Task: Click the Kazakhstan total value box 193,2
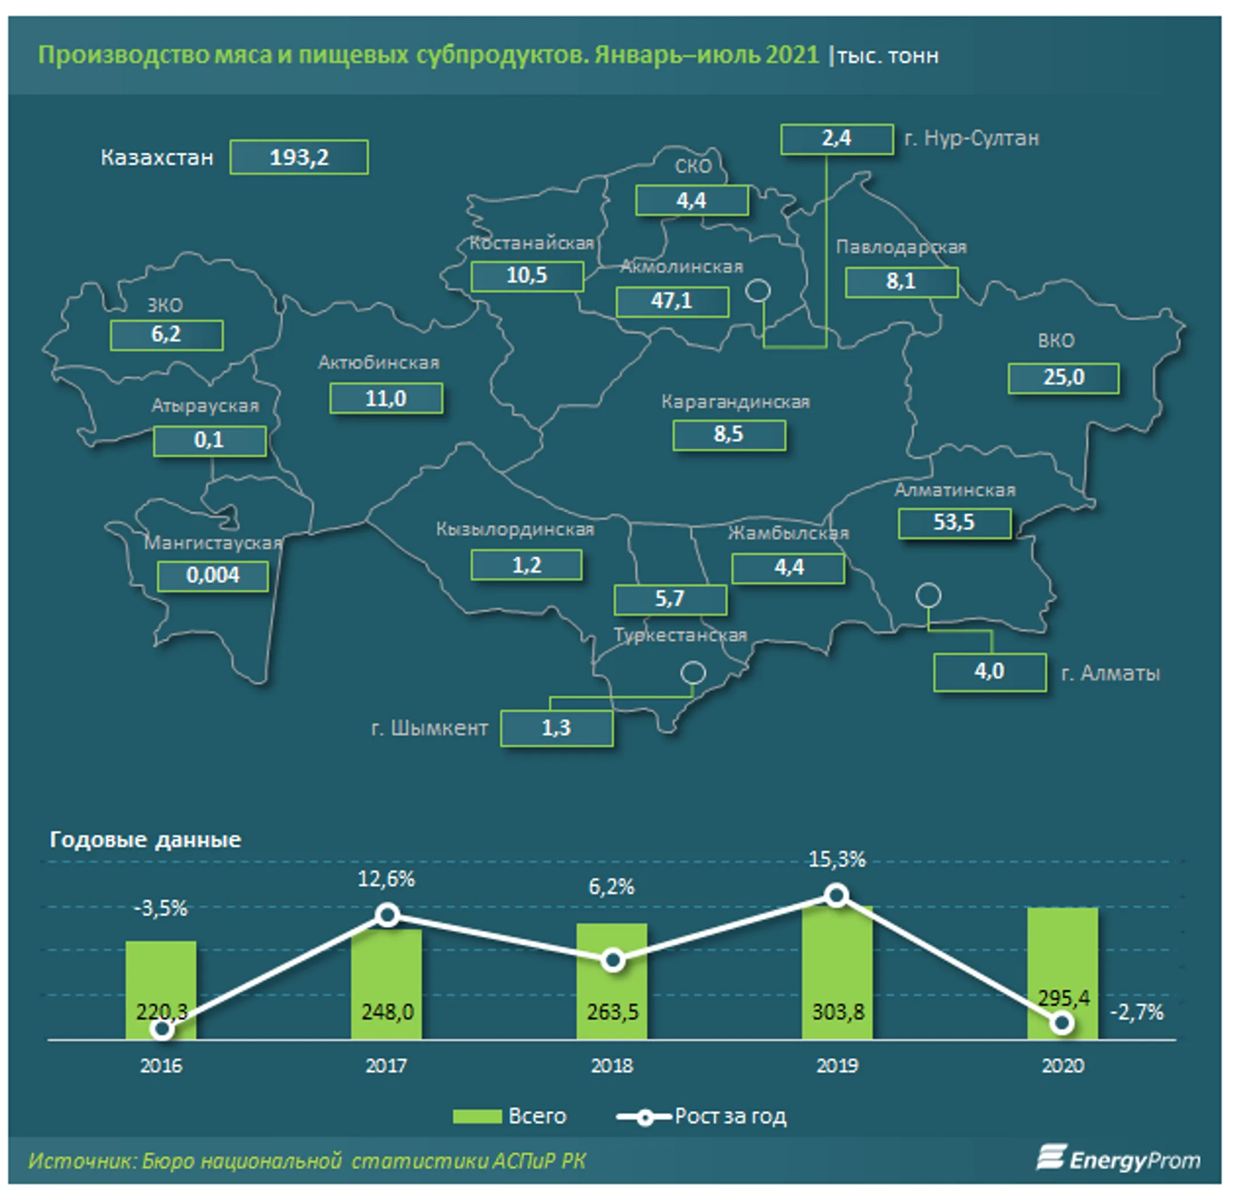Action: click(299, 157)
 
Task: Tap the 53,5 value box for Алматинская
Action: click(954, 522)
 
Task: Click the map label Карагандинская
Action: click(735, 402)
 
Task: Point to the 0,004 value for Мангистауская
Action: click(212, 576)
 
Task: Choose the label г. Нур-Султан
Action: click(972, 138)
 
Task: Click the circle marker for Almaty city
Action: click(928, 595)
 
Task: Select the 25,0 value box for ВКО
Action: click(1063, 378)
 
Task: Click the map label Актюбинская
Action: click(378, 363)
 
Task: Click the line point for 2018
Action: click(612, 961)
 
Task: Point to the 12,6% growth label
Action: click(386, 879)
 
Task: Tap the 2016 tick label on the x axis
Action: click(161, 1066)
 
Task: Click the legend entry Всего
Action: click(509, 1117)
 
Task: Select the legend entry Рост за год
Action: click(701, 1117)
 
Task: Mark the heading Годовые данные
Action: click(145, 840)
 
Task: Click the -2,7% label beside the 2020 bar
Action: click(1136, 1012)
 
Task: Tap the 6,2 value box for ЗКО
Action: click(166, 334)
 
